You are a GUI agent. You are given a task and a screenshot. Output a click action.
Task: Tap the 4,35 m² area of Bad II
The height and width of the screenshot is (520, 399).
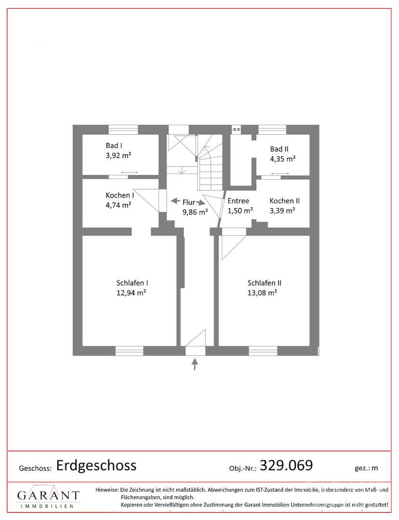point(283,159)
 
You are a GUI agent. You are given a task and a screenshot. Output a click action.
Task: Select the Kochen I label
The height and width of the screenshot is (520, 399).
point(120,195)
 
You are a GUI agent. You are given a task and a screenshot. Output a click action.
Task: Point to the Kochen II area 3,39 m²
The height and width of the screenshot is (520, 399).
point(283,210)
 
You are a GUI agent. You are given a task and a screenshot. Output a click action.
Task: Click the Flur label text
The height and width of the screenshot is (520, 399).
point(189,202)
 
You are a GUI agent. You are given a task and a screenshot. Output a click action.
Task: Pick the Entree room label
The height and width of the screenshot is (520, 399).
point(238,201)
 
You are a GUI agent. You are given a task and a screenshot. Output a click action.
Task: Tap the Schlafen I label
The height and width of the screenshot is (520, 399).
point(132,283)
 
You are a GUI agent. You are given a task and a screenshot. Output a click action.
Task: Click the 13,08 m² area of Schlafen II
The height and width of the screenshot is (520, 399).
point(262,293)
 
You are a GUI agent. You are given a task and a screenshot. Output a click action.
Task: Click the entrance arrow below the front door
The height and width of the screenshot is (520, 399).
point(195,364)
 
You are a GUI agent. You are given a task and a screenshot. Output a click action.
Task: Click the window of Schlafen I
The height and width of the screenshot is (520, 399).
point(129,351)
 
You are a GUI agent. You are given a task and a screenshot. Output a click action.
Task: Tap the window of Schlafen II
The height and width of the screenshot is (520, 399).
point(263,351)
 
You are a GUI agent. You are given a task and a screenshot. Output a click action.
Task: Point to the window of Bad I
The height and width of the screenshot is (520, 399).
point(123,130)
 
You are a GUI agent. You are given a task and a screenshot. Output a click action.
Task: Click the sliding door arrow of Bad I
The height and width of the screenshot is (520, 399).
point(129,172)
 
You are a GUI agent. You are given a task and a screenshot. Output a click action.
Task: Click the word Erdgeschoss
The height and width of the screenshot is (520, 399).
point(96,465)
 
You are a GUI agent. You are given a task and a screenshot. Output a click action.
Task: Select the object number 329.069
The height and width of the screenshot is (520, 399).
point(286,465)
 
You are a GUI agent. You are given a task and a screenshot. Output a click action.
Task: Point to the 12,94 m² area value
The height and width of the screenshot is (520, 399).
point(131,293)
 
